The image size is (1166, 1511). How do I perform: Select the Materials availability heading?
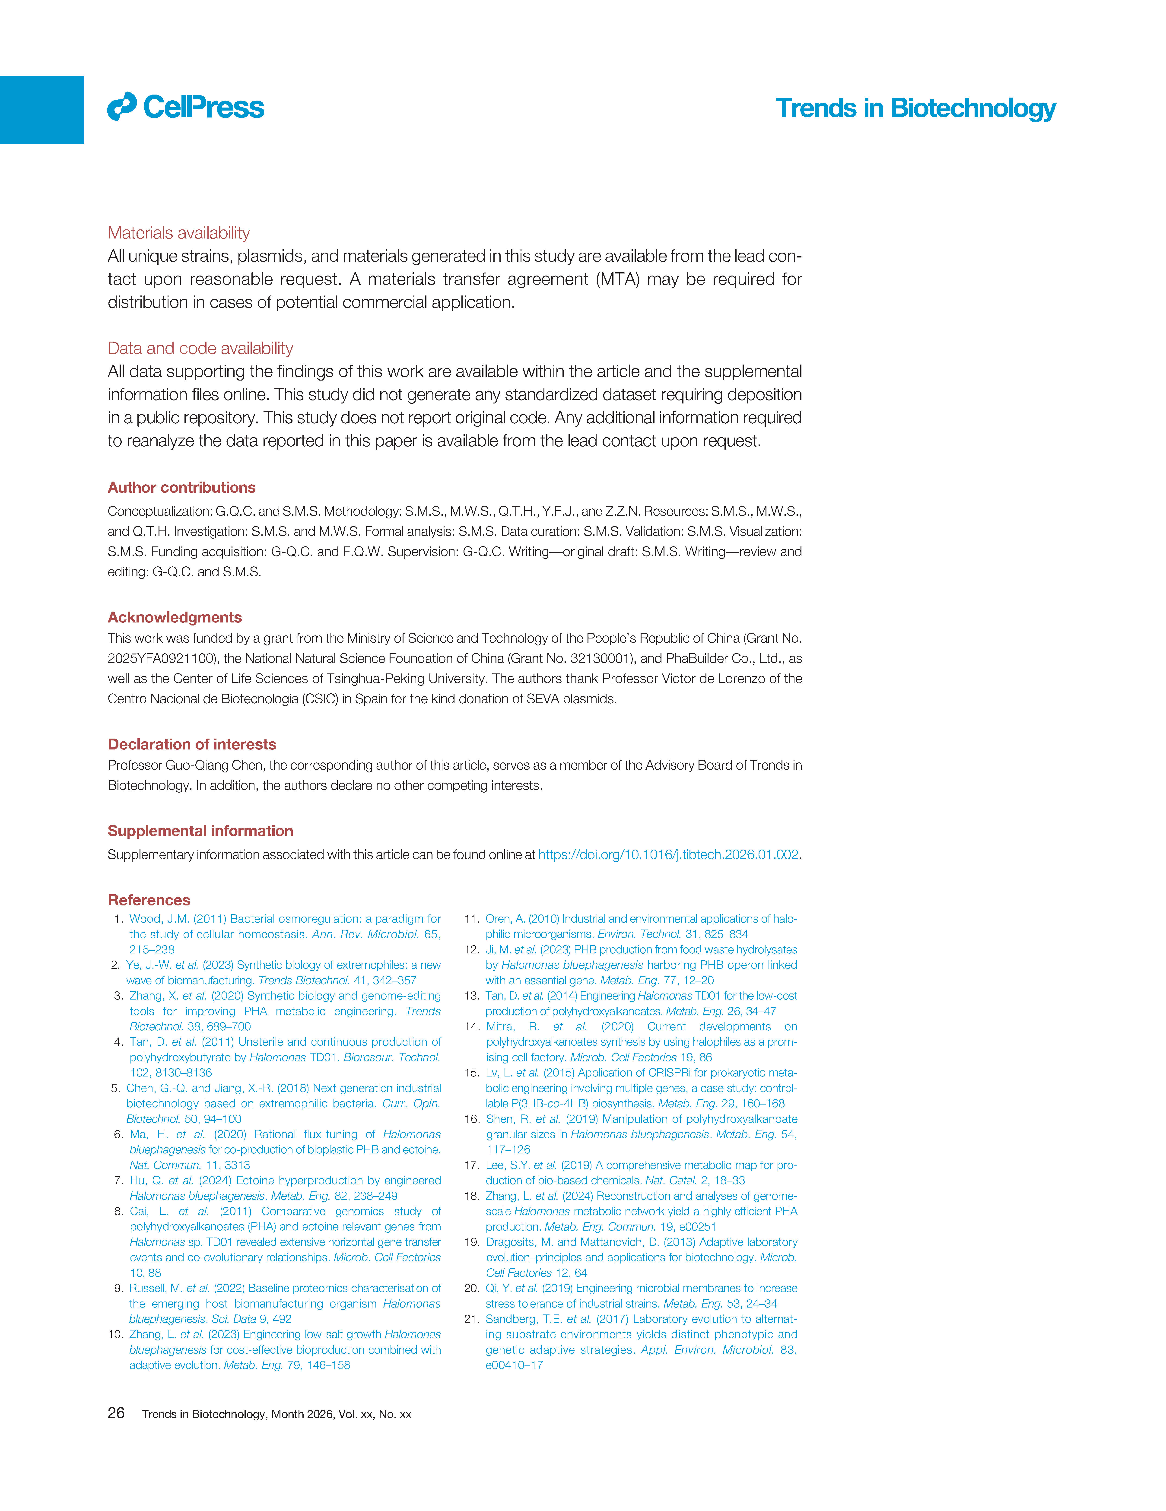point(178,233)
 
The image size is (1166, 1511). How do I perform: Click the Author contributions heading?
point(181,488)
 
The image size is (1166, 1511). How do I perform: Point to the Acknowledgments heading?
point(174,617)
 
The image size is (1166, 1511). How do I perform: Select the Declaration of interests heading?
point(192,744)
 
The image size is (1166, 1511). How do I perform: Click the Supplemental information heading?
point(200,831)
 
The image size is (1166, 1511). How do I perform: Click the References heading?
point(149,900)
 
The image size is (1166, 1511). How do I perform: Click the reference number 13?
point(472,996)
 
